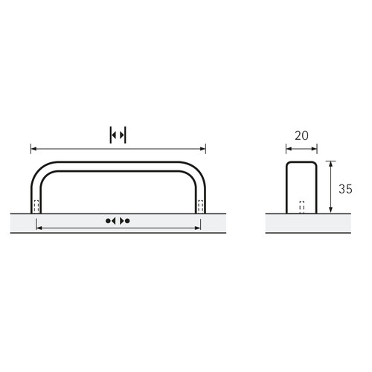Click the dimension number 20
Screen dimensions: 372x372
click(301, 135)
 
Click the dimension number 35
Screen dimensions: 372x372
click(345, 189)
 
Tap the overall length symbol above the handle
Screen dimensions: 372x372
click(118, 135)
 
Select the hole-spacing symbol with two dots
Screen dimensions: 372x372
click(118, 221)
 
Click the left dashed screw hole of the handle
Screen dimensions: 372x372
click(36, 206)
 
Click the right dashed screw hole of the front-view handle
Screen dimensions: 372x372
click(200, 206)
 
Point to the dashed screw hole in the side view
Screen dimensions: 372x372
click(302, 207)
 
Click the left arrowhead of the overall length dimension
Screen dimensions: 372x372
click(33, 149)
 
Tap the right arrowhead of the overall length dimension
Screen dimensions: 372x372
click(203, 149)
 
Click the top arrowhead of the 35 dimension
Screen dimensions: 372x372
click(330, 164)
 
